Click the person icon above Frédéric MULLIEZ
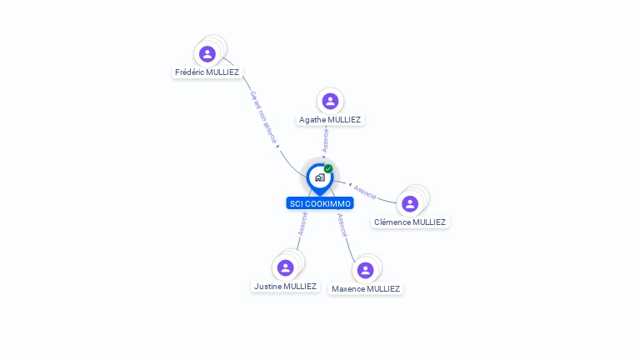pyautogui.click(x=207, y=54)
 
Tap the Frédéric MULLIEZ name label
pyautogui.click(x=207, y=72)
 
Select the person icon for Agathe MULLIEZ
pyautogui.click(x=330, y=101)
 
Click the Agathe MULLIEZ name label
pyautogui.click(x=330, y=120)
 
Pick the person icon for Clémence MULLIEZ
pyautogui.click(x=409, y=203)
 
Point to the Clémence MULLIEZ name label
pyautogui.click(x=410, y=222)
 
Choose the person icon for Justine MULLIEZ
pyautogui.click(x=286, y=267)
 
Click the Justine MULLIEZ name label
pyautogui.click(x=286, y=287)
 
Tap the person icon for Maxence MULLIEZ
pyautogui.click(x=365, y=270)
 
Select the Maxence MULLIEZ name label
pyautogui.click(x=366, y=289)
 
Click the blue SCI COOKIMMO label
pyautogui.click(x=320, y=203)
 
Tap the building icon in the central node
pyautogui.click(x=319, y=177)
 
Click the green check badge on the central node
pyautogui.click(x=328, y=169)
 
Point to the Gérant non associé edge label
pyautogui.click(x=263, y=118)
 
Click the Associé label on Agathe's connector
pyautogui.click(x=326, y=140)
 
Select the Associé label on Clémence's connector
pyautogui.click(x=365, y=191)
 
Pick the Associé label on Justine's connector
pyautogui.click(x=302, y=222)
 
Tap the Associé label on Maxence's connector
pyautogui.click(x=342, y=225)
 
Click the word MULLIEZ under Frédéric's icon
pyautogui.click(x=221, y=72)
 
